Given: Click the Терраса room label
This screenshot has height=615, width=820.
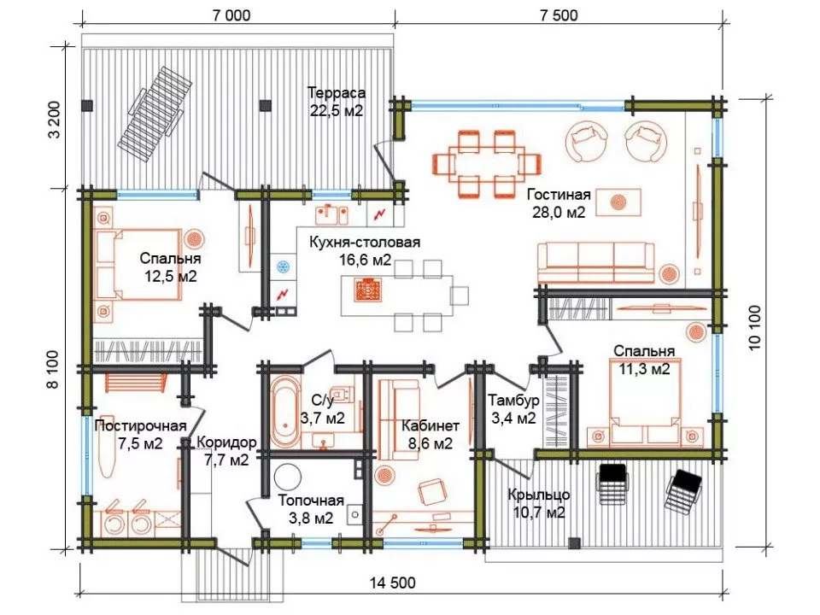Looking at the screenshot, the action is click(337, 94).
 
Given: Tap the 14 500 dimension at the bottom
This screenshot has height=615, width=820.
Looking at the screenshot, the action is click(393, 583).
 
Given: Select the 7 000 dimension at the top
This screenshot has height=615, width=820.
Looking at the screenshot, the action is click(231, 15).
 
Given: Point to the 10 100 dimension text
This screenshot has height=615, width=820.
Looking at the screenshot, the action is click(754, 327).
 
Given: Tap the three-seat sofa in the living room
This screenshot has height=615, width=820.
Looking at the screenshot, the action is click(595, 263).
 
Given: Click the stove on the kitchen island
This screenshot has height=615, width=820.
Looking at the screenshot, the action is click(367, 290).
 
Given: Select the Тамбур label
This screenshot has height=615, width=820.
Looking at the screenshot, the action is click(513, 401).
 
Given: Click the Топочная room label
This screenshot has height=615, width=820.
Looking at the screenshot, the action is click(311, 501).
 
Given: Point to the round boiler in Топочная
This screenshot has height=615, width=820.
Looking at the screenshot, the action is click(287, 477).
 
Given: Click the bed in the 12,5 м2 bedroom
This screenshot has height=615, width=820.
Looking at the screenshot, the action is click(138, 265).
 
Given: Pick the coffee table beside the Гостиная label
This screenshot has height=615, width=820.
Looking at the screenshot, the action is click(618, 202).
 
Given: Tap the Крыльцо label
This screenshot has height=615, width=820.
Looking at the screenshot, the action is click(539, 495).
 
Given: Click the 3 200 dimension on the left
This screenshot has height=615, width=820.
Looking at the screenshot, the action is click(54, 120).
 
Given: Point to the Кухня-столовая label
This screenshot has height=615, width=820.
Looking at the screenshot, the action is click(365, 243).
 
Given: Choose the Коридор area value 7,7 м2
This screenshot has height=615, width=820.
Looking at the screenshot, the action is click(225, 460).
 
